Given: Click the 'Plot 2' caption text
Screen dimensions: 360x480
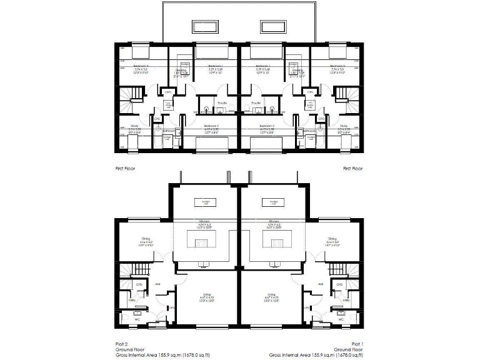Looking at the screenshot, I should click(121, 343).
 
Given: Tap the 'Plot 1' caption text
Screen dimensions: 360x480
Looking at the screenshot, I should click(357, 343).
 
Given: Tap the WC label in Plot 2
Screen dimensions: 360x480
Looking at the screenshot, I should click(139, 319).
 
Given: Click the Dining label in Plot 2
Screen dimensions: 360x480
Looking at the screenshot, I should click(146, 239).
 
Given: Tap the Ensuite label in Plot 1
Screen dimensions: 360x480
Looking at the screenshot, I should click(256, 102).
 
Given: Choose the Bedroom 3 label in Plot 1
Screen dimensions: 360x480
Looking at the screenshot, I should click(337, 65).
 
